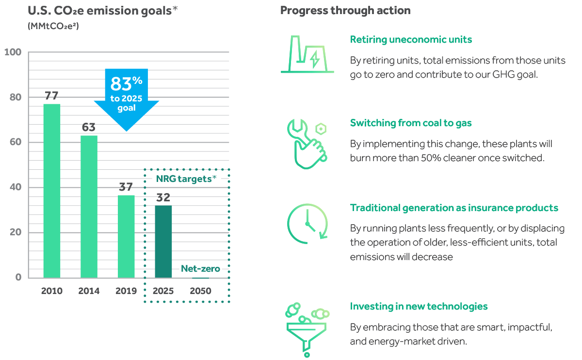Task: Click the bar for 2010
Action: click(52, 191)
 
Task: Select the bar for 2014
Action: click(89, 207)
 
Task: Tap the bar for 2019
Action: click(126, 237)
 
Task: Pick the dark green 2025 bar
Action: click(163, 242)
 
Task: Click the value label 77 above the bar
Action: click(51, 96)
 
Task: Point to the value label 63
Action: click(89, 127)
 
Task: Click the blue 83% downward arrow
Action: click(127, 100)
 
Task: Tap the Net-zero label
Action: click(200, 268)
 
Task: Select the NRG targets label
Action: click(186, 179)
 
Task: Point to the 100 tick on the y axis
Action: click(13, 52)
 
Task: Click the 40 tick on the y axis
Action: click(16, 187)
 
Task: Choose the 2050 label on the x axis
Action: click(200, 291)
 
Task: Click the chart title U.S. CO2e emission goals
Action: click(103, 11)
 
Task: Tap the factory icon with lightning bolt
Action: click(307, 54)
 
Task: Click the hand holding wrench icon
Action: click(307, 144)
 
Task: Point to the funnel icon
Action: click(307, 330)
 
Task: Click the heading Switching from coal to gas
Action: click(411, 123)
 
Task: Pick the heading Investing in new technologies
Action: click(419, 307)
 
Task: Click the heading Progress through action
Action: click(345, 11)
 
